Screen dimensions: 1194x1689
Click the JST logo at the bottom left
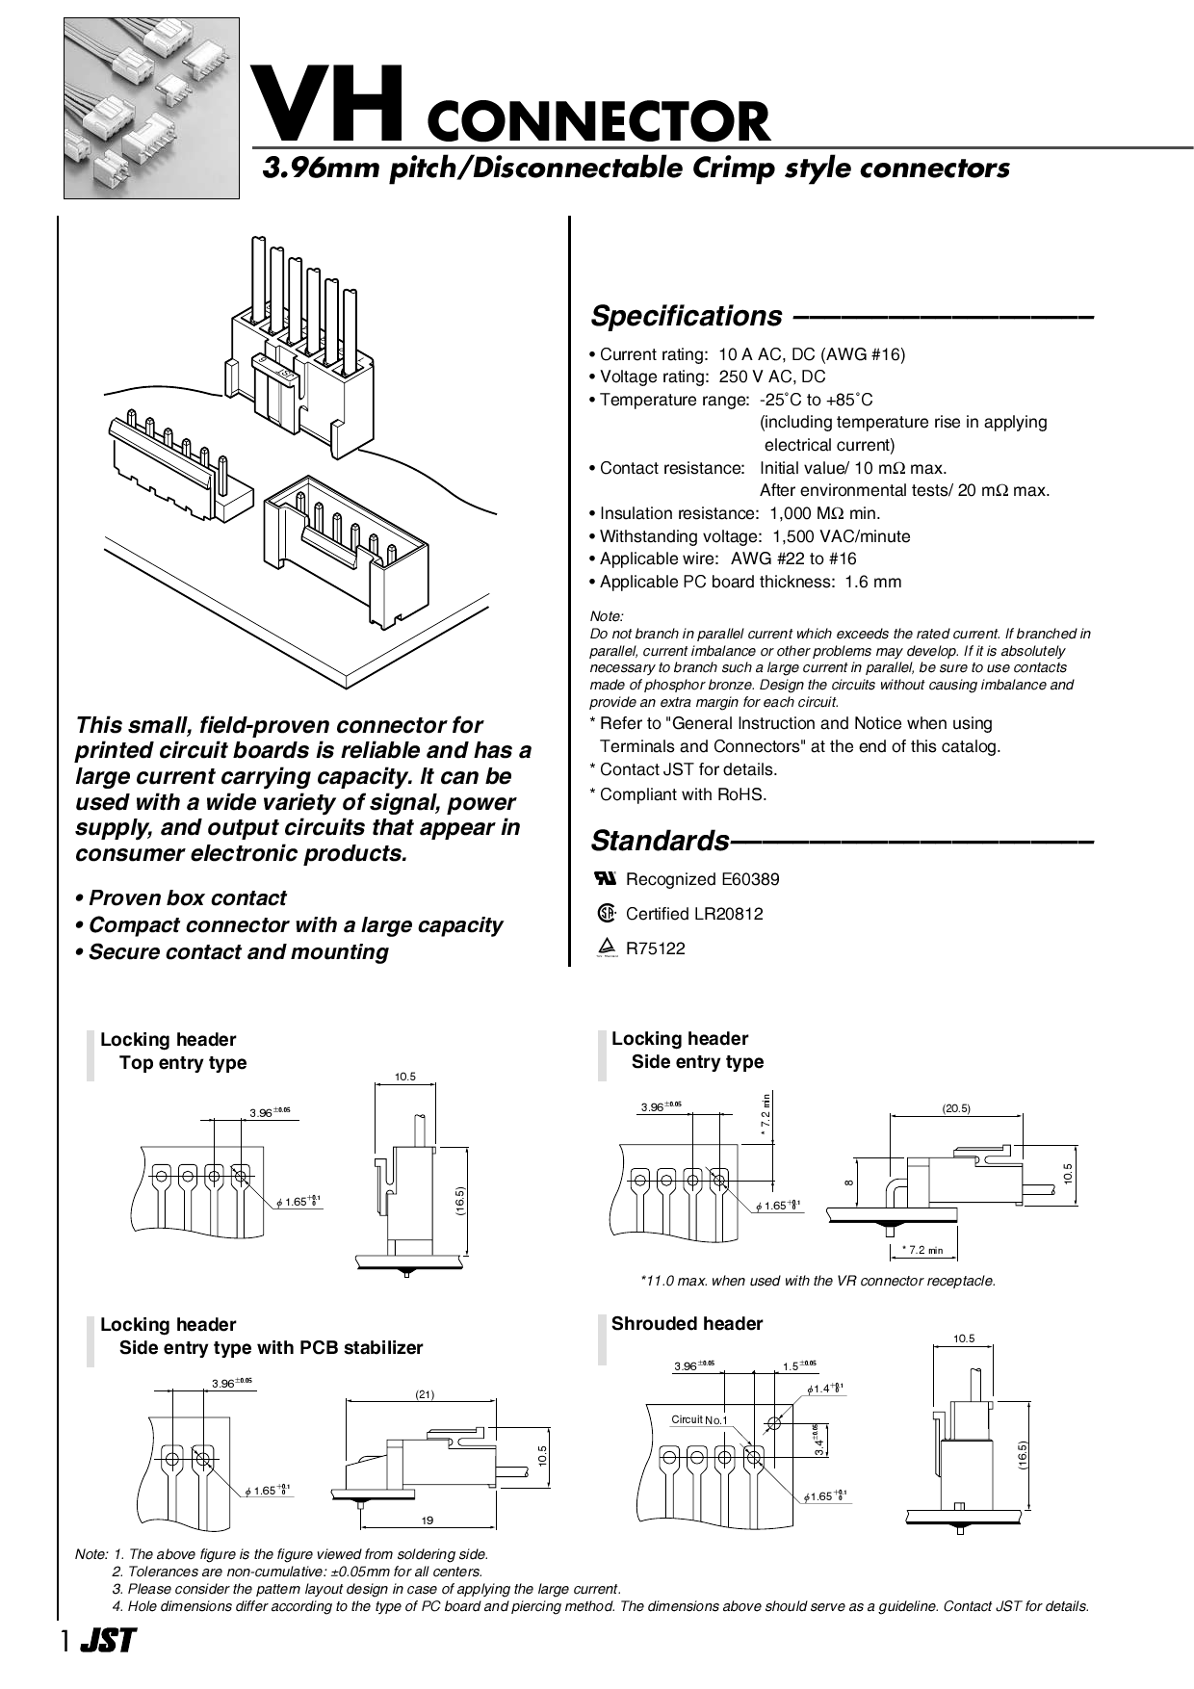click(x=107, y=1641)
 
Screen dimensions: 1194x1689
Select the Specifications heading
click(x=687, y=316)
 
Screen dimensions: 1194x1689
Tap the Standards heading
click(x=660, y=841)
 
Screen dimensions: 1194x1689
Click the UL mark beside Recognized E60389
click(x=606, y=877)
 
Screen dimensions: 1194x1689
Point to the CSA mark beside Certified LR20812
click(x=606, y=913)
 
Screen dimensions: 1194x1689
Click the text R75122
click(x=656, y=948)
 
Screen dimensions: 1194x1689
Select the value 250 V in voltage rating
click(x=742, y=377)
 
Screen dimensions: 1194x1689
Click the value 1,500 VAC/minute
click(x=842, y=536)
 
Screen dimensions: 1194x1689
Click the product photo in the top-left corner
click(x=151, y=108)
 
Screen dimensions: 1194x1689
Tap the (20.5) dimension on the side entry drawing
click(x=955, y=1108)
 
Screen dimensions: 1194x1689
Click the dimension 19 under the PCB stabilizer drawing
click(x=428, y=1520)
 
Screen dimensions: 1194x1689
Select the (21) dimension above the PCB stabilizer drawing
click(x=425, y=1394)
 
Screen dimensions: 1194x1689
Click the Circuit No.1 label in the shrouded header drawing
click(x=699, y=1419)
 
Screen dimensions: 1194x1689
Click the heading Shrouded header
click(x=687, y=1323)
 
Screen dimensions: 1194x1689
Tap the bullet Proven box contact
click(x=181, y=897)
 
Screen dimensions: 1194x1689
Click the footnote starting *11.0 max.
click(x=818, y=1281)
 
